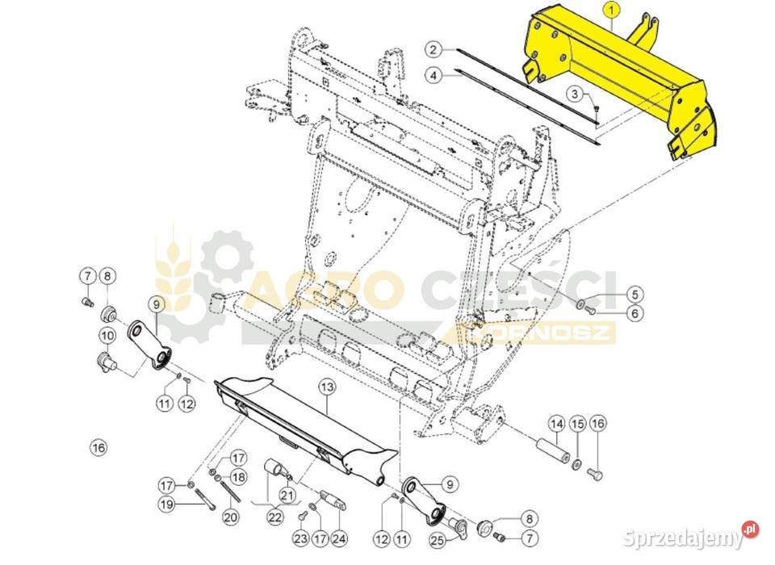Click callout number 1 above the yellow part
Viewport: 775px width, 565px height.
[612, 10]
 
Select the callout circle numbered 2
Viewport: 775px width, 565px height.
[434, 50]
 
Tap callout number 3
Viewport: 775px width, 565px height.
[575, 94]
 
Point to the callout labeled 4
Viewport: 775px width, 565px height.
[434, 76]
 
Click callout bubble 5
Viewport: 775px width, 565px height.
[635, 295]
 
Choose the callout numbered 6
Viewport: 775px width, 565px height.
[635, 313]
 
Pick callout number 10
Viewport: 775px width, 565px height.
[107, 336]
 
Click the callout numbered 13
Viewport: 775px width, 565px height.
[327, 387]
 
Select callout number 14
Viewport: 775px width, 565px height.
[556, 424]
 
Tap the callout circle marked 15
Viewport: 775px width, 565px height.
[577, 424]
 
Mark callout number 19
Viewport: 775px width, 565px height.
[167, 505]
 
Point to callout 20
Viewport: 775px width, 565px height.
[230, 517]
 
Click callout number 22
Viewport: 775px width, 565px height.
[274, 517]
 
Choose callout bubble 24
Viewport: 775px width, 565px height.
[338, 538]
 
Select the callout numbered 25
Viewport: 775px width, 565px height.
[437, 541]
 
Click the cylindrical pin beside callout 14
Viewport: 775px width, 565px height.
[553, 447]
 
